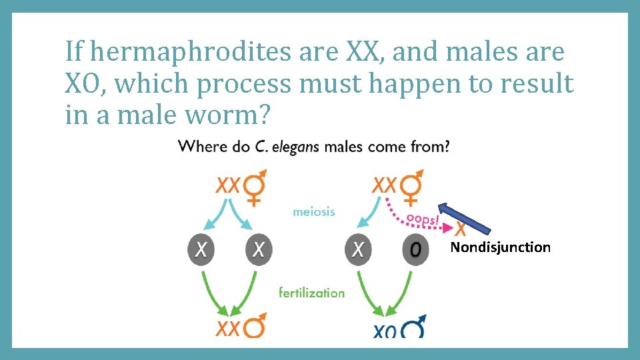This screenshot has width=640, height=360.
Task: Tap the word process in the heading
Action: point(245,84)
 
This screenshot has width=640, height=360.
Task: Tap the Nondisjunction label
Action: point(501,247)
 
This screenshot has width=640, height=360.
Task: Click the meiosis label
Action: point(314,211)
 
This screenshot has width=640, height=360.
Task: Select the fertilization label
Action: point(312,292)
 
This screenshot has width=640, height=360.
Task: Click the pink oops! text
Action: point(422,218)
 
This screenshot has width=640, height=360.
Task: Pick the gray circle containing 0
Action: point(415,250)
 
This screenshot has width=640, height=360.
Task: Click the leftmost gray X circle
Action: point(201,250)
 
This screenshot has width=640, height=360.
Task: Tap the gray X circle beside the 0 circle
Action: point(358,250)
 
